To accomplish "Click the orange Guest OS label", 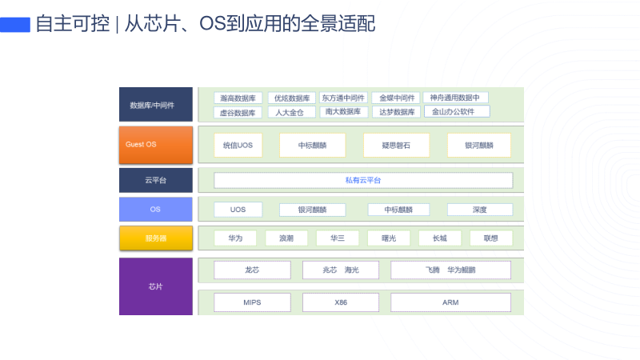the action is click(x=156, y=145).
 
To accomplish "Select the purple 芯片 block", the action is click(x=156, y=286).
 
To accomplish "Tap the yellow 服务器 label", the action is click(x=156, y=238).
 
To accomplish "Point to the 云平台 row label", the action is click(x=156, y=180).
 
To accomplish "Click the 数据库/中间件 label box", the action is click(x=156, y=105).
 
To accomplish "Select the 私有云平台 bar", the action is click(x=363, y=180).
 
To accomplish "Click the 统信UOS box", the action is click(x=238, y=145).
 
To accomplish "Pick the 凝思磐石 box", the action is click(x=396, y=145).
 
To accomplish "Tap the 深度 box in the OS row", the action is click(x=480, y=210).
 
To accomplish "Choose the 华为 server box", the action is click(x=234, y=238).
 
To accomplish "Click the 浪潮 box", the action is click(x=286, y=238).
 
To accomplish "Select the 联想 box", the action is click(x=490, y=238).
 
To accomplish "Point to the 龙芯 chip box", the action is click(x=252, y=270).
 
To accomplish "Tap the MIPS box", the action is click(x=252, y=302).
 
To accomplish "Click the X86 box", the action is click(x=341, y=302).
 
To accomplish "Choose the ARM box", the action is click(x=450, y=302).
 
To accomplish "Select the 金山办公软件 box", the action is click(x=456, y=112).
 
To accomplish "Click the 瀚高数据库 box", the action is click(x=238, y=98).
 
